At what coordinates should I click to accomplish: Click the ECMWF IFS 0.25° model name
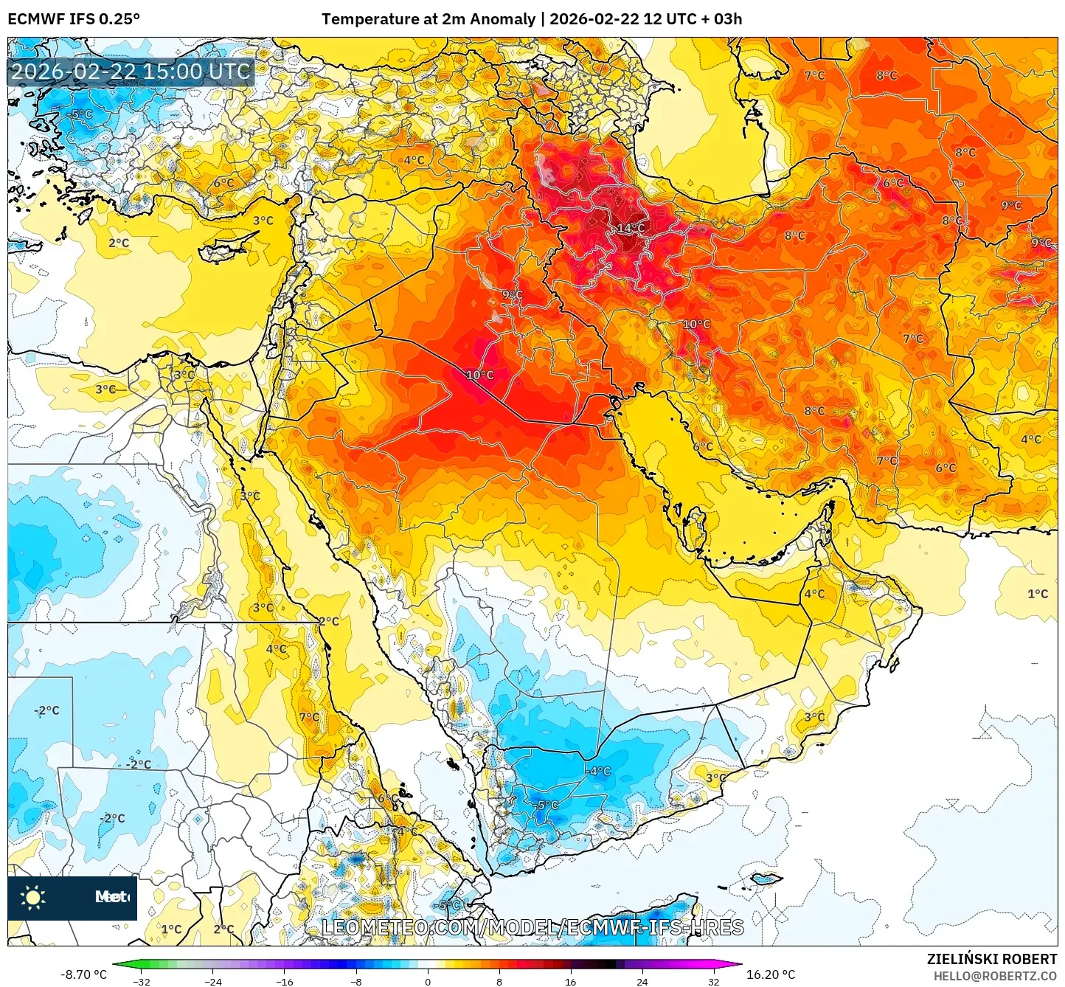point(74,19)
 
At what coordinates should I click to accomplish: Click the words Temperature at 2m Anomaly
point(428,19)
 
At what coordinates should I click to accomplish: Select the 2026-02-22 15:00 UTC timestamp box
point(131,72)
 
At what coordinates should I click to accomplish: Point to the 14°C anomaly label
point(631,228)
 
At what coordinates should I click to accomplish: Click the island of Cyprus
point(229,246)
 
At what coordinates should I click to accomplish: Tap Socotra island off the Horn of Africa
point(767,879)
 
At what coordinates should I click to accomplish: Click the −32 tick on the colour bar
point(142,981)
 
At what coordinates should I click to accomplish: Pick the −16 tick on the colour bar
point(284,981)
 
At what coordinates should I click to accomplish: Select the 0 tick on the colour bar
point(428,981)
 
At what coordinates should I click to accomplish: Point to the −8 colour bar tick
point(355,981)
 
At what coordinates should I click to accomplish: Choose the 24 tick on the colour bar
point(642,981)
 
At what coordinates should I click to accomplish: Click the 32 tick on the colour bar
point(713,981)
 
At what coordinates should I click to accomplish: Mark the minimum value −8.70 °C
point(83,974)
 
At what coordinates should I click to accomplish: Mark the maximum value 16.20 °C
point(771,974)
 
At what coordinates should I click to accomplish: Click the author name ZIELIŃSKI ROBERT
point(991,959)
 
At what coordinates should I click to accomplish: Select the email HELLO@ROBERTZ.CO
point(995,976)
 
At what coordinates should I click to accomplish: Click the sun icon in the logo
point(33,898)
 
